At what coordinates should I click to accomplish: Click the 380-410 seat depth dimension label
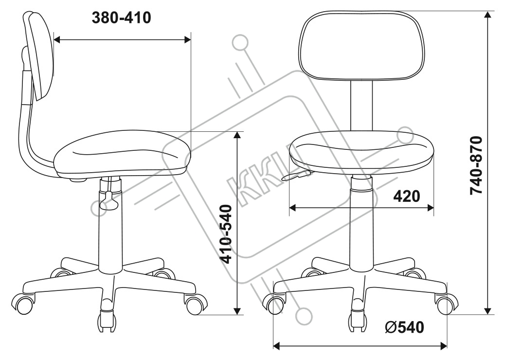122,18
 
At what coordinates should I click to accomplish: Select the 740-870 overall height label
476,165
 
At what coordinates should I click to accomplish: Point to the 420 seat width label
407,196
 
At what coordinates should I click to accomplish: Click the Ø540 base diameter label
404,327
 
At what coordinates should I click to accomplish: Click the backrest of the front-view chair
361,45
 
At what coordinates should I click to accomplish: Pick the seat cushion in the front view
361,153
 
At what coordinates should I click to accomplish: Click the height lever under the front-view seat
296,175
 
